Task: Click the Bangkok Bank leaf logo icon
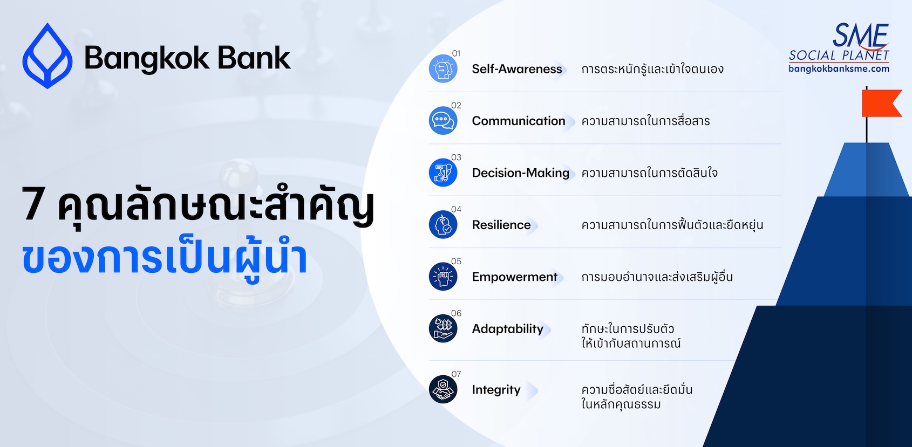pos(47,56)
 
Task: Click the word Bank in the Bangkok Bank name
pos(254,58)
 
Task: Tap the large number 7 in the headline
pos(34,204)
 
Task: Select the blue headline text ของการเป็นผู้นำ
pos(165,259)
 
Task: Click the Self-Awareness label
pos(516,68)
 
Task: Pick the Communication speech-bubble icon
pos(443,121)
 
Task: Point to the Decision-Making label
pos(521,173)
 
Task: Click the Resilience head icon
pos(443,224)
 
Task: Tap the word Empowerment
pos(515,277)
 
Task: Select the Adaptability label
pos(508,328)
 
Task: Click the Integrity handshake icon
pos(443,389)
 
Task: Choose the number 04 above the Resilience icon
pos(456,209)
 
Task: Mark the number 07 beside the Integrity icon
pos(456,374)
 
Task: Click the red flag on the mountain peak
pos(881,104)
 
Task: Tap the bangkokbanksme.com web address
pos(839,68)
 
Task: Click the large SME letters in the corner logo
pos(860,35)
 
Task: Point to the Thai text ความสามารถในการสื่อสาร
pos(645,121)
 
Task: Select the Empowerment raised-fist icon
pos(443,277)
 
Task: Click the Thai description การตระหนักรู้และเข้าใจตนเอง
pos(652,68)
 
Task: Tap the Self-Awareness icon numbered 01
pos(443,68)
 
